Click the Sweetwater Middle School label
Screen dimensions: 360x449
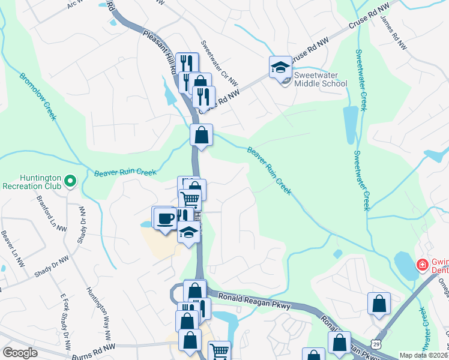point(320,79)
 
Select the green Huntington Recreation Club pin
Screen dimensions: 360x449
point(70,180)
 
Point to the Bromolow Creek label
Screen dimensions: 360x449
point(37,96)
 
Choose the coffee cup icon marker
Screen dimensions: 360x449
point(164,218)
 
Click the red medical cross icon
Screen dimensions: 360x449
point(421,265)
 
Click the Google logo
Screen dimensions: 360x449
point(20,353)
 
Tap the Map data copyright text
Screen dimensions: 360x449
point(424,355)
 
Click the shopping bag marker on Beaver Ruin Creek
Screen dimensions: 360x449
point(202,136)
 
